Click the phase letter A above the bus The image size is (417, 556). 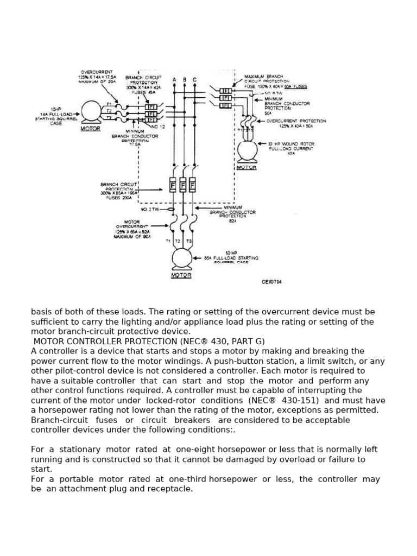click(174, 80)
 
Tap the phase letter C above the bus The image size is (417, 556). click(194, 80)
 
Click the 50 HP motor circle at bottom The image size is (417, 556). click(182, 258)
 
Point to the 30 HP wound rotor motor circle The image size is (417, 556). click(247, 150)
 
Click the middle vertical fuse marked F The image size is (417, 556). click(183, 186)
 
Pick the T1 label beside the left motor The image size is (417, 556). click(109, 104)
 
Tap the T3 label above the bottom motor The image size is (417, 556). click(189, 241)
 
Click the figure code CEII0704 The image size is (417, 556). click(271, 282)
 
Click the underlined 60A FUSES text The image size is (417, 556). click(295, 86)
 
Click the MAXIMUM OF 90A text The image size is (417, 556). click(131, 236)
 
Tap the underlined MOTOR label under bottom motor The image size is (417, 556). click(181, 275)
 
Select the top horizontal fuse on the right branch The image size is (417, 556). click(225, 91)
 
